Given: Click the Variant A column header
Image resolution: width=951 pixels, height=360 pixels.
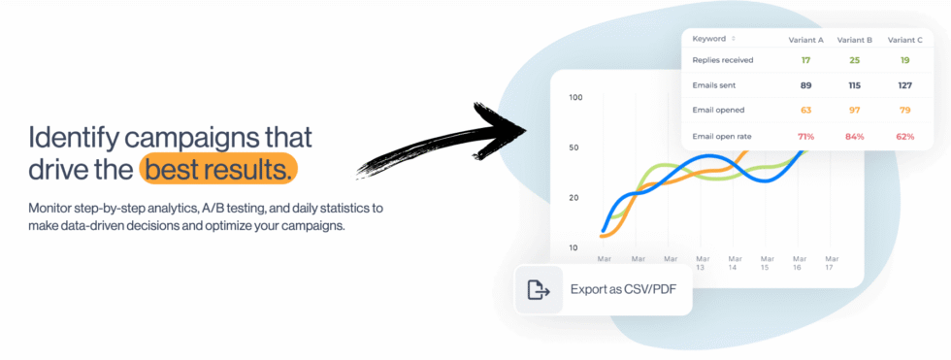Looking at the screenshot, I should [x=805, y=39].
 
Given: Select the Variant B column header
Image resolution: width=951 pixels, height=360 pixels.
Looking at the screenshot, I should [x=854, y=39].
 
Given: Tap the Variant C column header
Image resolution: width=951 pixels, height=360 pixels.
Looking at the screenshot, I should [x=904, y=39].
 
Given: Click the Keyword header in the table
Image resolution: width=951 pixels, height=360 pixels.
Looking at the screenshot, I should [x=709, y=39].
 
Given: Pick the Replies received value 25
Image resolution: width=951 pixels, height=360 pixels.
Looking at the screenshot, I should [x=854, y=60].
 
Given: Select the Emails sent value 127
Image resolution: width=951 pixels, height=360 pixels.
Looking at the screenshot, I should [x=904, y=85].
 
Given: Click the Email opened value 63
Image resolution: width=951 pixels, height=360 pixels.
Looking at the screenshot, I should [x=805, y=111].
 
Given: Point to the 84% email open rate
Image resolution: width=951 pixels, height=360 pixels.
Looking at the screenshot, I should [x=854, y=136].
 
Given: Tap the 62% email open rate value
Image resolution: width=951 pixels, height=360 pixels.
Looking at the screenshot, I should [x=904, y=136].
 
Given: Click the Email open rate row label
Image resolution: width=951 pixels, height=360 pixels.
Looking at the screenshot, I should [x=722, y=136].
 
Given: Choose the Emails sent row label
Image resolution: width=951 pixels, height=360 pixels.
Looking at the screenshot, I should [x=714, y=85].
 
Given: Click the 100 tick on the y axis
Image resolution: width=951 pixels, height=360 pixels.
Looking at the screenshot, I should [x=575, y=97].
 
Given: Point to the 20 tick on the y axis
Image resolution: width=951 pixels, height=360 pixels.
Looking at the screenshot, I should [x=574, y=198].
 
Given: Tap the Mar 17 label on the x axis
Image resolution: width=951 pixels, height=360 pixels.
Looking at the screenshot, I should [x=831, y=263].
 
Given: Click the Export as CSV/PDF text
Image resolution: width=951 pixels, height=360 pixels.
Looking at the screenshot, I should [x=622, y=289].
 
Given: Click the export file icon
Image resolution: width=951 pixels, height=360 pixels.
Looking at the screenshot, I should [x=539, y=289].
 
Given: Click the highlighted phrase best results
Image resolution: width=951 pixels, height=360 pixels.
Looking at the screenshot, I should [x=217, y=170].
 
